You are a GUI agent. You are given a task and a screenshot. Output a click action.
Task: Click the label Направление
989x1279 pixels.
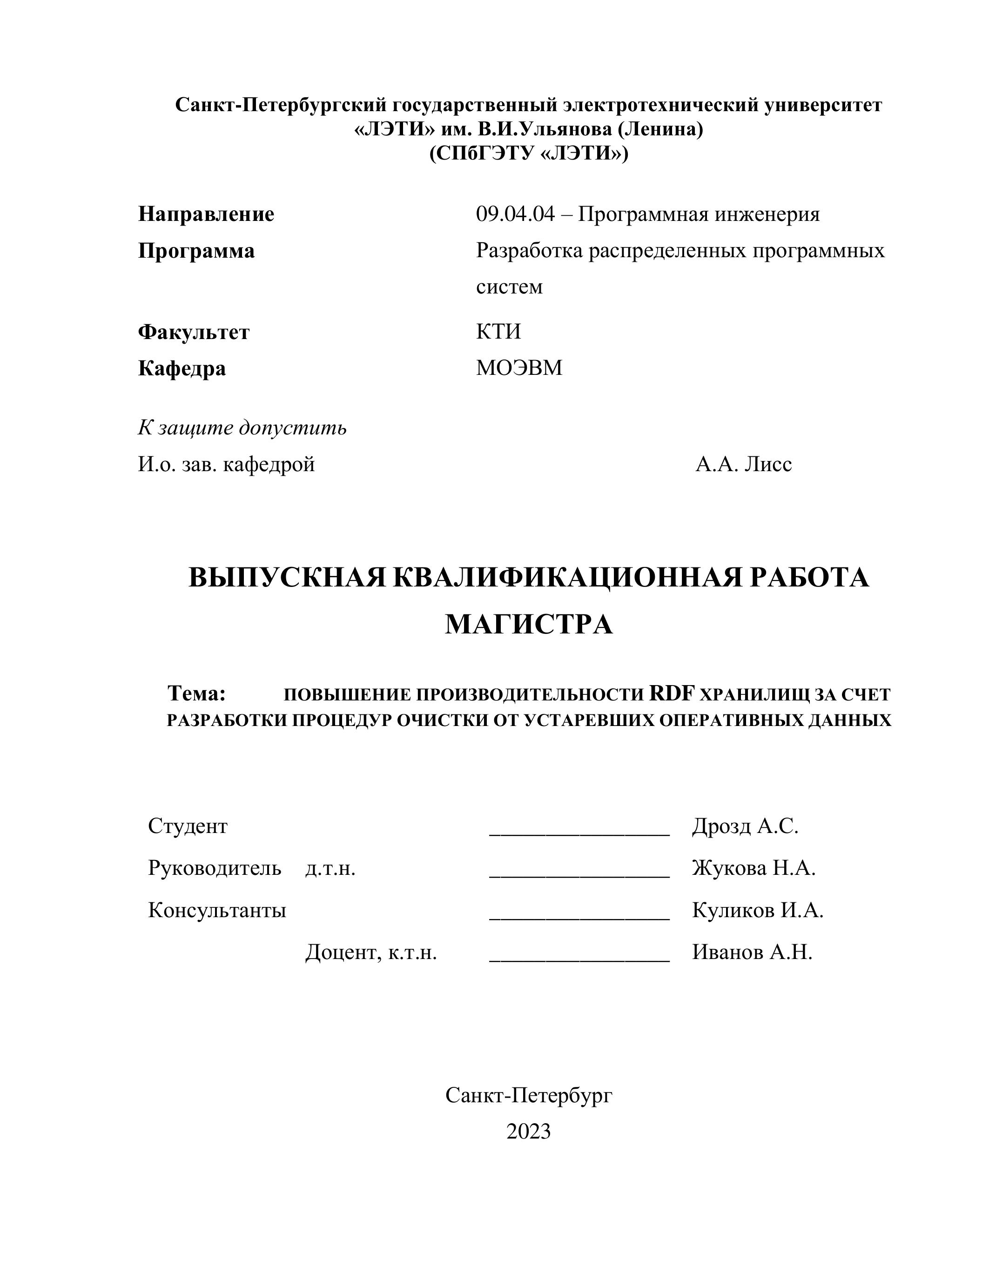[206, 214]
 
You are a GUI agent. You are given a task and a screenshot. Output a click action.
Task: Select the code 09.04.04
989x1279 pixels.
[514, 214]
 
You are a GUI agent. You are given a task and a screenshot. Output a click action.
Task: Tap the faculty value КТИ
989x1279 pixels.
[498, 332]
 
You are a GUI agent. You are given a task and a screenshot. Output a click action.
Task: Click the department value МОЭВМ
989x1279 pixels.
[518, 368]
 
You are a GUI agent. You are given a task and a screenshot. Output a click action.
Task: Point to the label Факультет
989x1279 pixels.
[193, 332]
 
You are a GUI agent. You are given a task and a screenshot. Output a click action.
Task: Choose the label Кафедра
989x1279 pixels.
[182, 368]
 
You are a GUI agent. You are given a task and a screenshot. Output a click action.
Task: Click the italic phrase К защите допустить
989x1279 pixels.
[242, 428]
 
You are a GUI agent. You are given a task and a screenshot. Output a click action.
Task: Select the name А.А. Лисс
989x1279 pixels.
[744, 465]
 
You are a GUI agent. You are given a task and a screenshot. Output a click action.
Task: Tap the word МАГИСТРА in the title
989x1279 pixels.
[529, 624]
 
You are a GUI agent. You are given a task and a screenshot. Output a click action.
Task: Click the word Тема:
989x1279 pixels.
[197, 693]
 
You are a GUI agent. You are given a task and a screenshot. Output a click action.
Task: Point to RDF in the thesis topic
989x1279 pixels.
[672, 693]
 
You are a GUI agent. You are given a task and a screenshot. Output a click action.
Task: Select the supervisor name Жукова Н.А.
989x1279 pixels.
[754, 868]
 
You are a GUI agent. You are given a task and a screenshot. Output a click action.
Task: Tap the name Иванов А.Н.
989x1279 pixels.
[752, 952]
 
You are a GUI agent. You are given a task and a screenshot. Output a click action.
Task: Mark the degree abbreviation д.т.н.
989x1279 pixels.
[330, 868]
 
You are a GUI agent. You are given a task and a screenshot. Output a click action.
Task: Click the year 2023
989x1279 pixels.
[529, 1132]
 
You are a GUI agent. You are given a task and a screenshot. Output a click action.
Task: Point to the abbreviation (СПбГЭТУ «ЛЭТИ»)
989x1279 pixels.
[529, 153]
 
